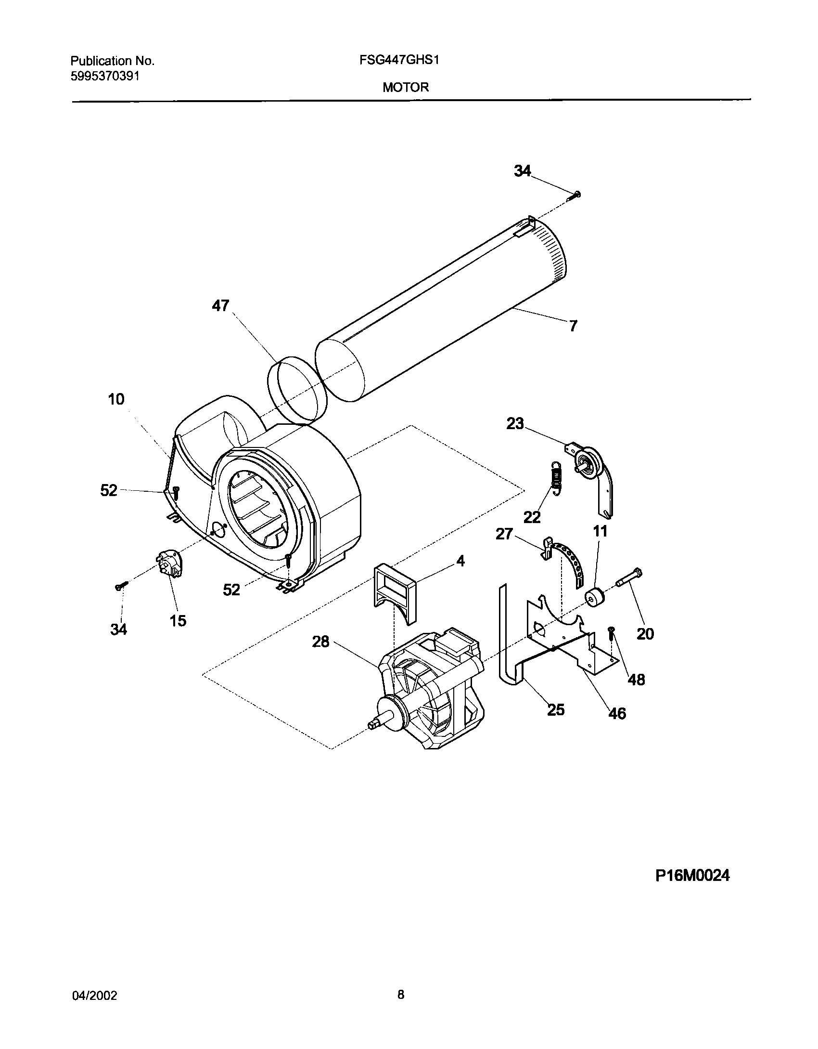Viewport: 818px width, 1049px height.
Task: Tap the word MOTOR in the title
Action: tap(406, 87)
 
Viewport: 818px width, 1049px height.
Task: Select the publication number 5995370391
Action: tap(105, 77)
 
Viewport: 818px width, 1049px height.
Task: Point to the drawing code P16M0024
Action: tap(692, 875)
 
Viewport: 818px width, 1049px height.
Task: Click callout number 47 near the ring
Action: tap(221, 305)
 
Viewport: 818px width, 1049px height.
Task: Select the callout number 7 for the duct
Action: tap(573, 326)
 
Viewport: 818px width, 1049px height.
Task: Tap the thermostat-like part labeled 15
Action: tap(169, 562)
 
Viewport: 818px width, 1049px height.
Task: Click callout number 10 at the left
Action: tap(116, 399)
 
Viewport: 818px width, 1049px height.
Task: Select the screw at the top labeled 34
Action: tap(575, 195)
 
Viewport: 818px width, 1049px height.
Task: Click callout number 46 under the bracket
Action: tap(617, 713)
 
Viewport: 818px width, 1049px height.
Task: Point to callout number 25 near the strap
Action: tap(556, 709)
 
